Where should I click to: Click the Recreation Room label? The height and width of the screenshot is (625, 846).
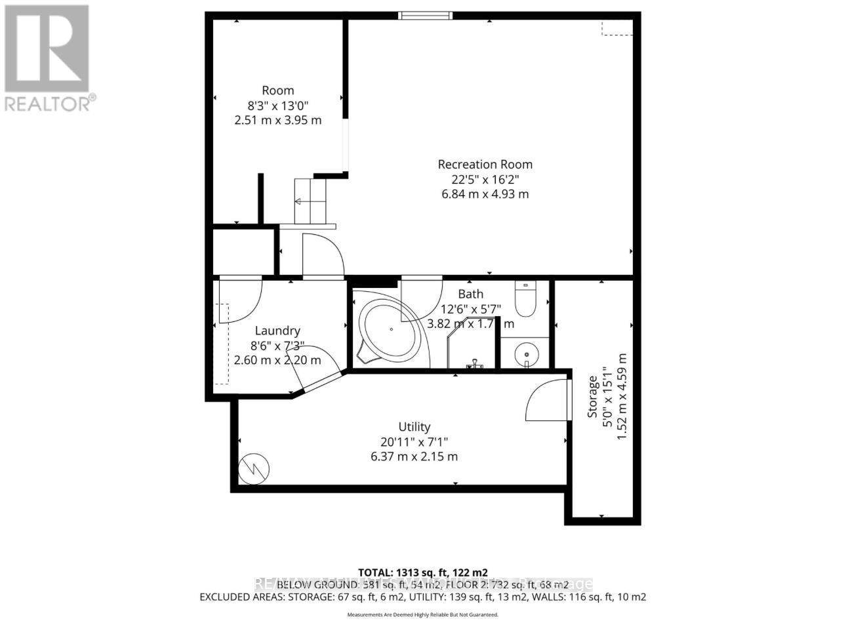pyautogui.click(x=485, y=165)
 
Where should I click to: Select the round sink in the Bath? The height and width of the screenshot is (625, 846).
pyautogui.click(x=525, y=355)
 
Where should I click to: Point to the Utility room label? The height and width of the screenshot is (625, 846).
pyautogui.click(x=414, y=427)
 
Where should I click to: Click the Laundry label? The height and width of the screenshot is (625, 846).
pyautogui.click(x=277, y=331)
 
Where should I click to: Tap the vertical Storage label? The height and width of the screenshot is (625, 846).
pyautogui.click(x=593, y=396)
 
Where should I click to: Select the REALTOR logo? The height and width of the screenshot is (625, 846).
pyautogui.click(x=47, y=58)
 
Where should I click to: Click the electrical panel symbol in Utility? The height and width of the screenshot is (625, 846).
pyautogui.click(x=254, y=469)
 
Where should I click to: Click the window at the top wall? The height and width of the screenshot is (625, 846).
pyautogui.click(x=426, y=15)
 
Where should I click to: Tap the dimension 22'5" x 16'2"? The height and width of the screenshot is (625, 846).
pyautogui.click(x=484, y=179)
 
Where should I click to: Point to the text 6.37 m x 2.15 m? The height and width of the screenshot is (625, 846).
pyautogui.click(x=414, y=456)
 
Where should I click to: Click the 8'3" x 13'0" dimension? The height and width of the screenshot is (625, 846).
pyautogui.click(x=277, y=105)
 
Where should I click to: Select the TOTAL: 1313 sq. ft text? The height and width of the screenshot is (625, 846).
pyautogui.click(x=422, y=572)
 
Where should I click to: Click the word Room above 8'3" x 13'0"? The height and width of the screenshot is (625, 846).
pyautogui.click(x=278, y=91)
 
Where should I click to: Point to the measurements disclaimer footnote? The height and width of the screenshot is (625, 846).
pyautogui.click(x=422, y=615)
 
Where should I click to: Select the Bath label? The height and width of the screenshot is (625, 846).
pyautogui.click(x=470, y=294)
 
